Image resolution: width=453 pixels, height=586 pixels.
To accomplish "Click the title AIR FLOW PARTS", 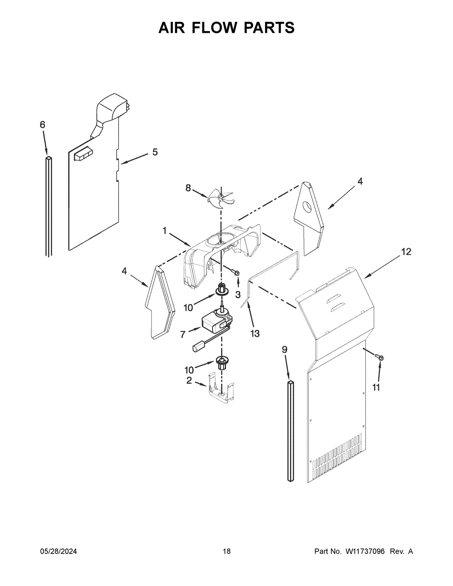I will click(x=226, y=28).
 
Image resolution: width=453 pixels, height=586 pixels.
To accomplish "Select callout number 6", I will click(x=42, y=125).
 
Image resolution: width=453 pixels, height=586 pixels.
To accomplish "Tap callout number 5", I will click(x=155, y=152).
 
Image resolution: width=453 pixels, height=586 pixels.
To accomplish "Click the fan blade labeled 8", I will click(x=220, y=197).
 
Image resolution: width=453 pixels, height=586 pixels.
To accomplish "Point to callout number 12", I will click(x=406, y=252).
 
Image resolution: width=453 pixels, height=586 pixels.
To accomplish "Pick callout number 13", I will click(x=255, y=333).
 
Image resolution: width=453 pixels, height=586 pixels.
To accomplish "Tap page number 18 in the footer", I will click(x=226, y=551).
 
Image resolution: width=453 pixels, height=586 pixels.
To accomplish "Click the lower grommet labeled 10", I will click(x=222, y=363).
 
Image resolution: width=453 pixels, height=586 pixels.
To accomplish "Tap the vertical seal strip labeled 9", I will click(x=290, y=430).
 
